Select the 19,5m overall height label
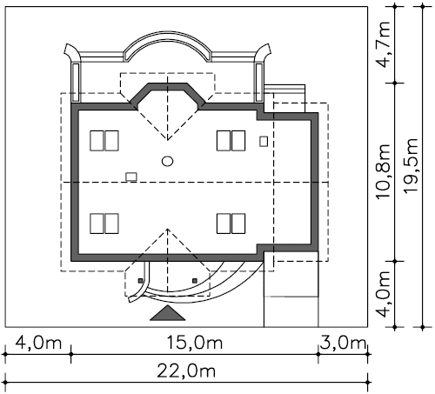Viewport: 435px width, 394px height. [x=411, y=166]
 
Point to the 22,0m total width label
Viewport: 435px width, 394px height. [x=186, y=371]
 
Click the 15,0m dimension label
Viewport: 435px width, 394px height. [x=195, y=343]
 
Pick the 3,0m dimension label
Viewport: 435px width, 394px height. [x=342, y=343]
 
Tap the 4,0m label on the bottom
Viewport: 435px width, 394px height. [x=38, y=343]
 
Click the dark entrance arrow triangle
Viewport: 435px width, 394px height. [x=168, y=313]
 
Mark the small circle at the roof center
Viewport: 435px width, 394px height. [x=168, y=161]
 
